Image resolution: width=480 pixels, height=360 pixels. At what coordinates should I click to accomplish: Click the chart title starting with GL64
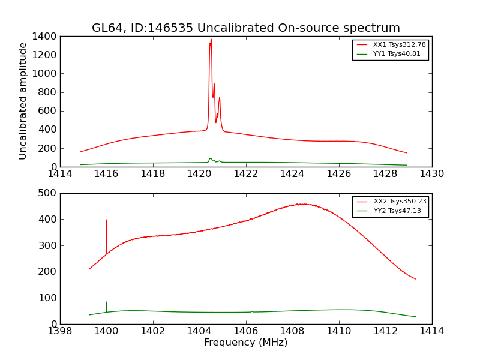pyautogui.click(x=245, y=28)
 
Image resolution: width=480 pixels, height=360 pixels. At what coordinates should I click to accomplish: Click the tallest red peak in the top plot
pyautogui.click(x=211, y=40)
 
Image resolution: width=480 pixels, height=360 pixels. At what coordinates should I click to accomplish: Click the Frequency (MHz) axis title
pyautogui.click(x=245, y=343)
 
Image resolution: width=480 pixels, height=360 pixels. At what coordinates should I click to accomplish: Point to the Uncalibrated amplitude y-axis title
pyautogui.click(x=23, y=101)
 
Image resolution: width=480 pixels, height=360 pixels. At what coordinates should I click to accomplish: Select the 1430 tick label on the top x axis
pyautogui.click(x=431, y=174)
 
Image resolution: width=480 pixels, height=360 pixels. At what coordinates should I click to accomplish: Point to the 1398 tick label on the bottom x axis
pyautogui.click(x=60, y=331)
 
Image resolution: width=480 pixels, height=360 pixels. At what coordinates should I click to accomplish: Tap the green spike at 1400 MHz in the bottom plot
pyautogui.click(x=107, y=304)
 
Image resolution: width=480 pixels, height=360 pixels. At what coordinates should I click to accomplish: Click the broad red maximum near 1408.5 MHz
pyautogui.click(x=304, y=204)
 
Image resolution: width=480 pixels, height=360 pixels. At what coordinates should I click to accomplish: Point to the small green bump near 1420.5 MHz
pyautogui.click(x=211, y=159)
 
